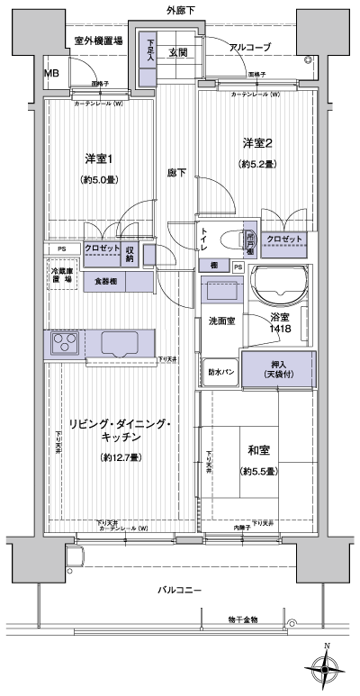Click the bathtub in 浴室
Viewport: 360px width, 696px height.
pos(278,286)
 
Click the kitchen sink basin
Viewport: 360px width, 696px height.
pos(122,343)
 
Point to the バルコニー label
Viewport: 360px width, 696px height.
pos(180,591)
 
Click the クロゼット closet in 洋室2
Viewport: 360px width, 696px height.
pos(284,240)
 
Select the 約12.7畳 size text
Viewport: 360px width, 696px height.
pos(119,457)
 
